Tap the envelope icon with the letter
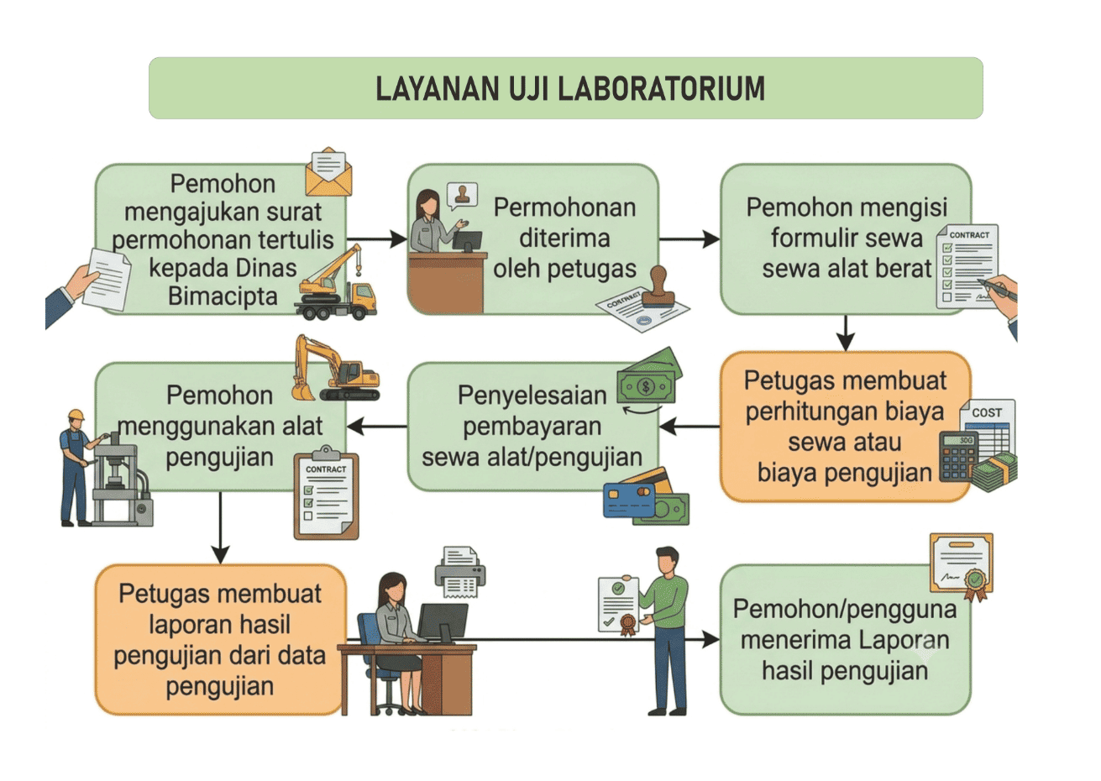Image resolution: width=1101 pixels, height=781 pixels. pos(328,171)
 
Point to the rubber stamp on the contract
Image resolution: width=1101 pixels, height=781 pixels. pos(658,286)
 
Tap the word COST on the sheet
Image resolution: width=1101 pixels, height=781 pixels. pos(987,413)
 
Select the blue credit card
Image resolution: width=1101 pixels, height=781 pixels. pos(629,500)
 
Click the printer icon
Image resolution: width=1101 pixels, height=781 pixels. pos(460,572)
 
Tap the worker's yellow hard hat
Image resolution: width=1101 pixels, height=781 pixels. pos(76,415)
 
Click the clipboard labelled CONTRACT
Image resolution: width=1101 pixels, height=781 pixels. pos(326,493)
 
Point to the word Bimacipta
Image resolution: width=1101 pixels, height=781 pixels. pos(223,296)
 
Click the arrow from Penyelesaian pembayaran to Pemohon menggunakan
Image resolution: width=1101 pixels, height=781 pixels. pos(377,426)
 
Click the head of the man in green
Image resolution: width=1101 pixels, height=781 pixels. pos(668,560)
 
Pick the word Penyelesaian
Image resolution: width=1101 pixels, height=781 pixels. pos(532,396)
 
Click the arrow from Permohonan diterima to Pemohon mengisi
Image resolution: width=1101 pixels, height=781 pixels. pos(689,239)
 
